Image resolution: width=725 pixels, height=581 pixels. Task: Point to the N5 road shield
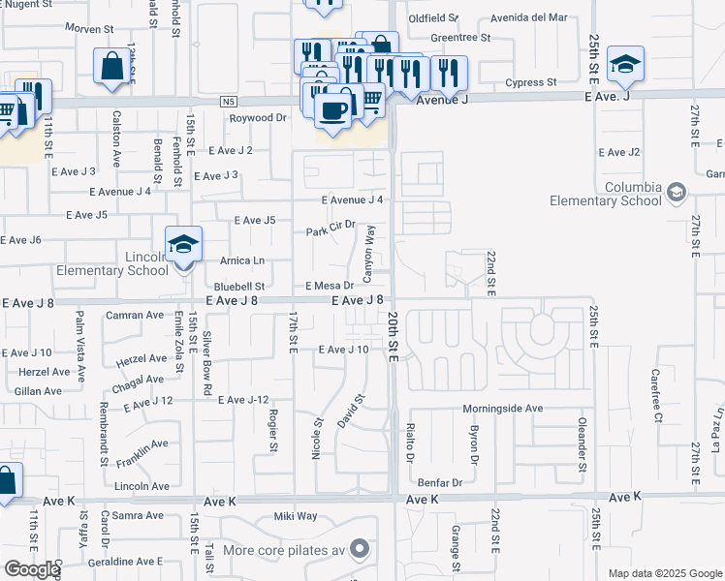(229, 101)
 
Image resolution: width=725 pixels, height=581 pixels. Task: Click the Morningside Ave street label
(502, 409)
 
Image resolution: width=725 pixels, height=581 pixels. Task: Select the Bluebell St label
(239, 287)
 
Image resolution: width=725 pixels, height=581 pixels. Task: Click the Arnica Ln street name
(241, 260)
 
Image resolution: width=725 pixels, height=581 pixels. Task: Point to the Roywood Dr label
(258, 118)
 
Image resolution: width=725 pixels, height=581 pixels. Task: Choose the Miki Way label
(296, 516)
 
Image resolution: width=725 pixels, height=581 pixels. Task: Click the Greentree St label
(460, 39)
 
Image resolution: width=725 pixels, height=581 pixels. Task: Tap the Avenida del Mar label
(528, 17)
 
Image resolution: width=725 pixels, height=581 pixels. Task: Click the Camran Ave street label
(136, 316)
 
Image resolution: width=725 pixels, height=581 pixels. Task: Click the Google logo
(32, 569)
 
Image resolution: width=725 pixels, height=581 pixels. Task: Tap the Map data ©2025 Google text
(665, 573)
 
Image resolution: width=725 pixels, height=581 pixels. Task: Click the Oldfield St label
(433, 18)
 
